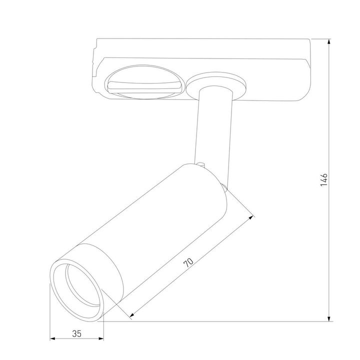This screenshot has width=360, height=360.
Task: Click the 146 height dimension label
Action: [324, 179]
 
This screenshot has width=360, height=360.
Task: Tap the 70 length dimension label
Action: [188, 263]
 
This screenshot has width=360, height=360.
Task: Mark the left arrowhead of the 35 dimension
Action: [52, 339]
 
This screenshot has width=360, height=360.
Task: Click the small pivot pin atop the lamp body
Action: [200, 163]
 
